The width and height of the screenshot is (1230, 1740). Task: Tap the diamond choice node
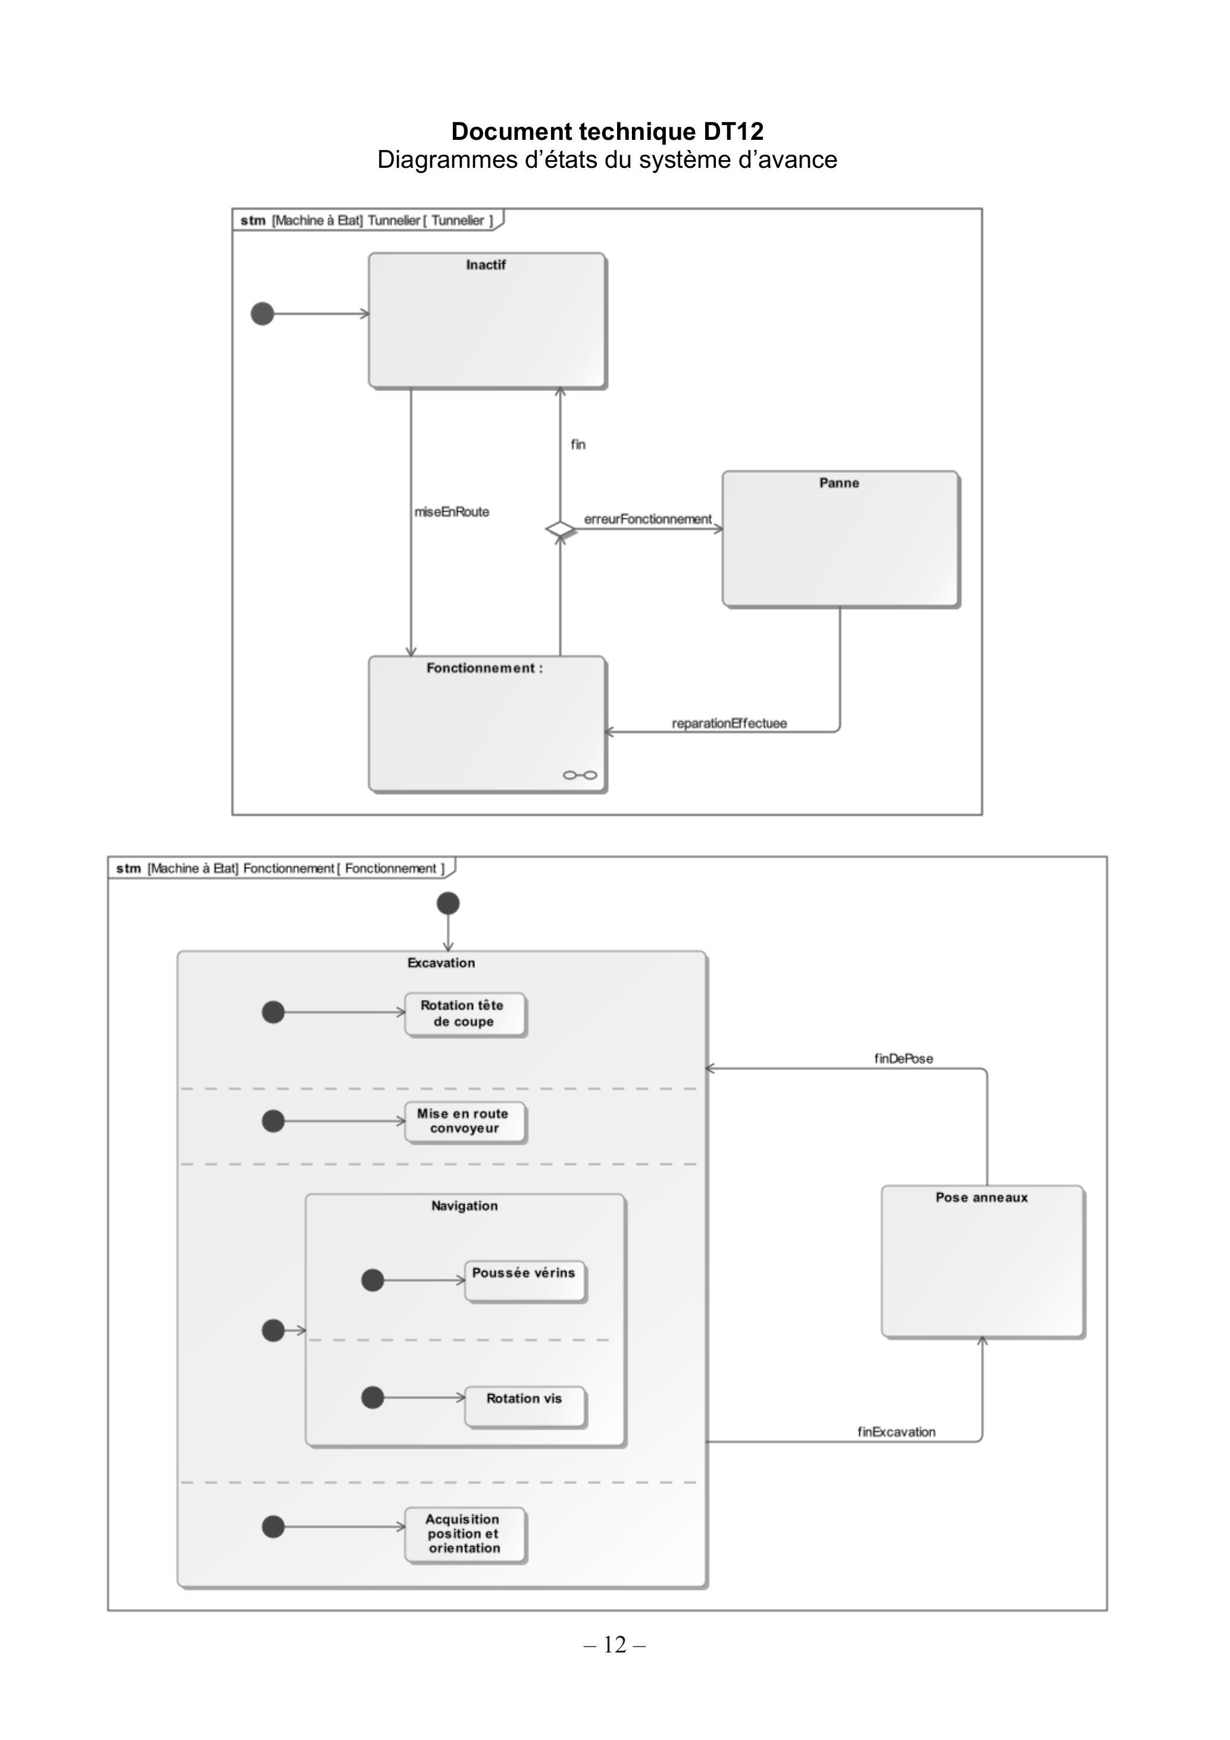(560, 528)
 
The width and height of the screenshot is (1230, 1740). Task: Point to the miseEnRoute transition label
(452, 512)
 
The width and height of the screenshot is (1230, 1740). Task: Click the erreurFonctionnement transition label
(648, 519)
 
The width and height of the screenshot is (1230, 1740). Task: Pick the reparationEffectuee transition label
(729, 723)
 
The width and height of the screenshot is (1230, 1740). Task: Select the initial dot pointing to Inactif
(262, 314)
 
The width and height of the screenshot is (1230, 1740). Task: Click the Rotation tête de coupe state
(465, 1014)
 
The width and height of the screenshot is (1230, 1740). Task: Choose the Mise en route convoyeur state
(465, 1122)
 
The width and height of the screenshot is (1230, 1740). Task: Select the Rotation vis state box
(525, 1407)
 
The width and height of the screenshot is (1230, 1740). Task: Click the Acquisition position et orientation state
(465, 1535)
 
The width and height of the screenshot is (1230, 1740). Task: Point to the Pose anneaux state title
(981, 1197)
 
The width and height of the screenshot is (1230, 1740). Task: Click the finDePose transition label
(903, 1059)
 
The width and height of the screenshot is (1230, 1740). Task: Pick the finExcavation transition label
(897, 1432)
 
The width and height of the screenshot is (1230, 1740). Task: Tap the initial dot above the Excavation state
(448, 903)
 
